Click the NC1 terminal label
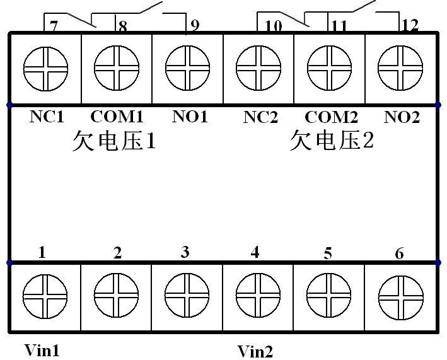47,117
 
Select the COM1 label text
117,117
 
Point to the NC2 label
260,117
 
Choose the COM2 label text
331,117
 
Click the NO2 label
402,117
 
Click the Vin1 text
42,350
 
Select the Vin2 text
255,351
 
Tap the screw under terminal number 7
45,66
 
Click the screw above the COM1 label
117,66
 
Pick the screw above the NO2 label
400,66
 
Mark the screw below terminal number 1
45,296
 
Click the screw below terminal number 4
258,296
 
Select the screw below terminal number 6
400,296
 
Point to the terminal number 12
410,26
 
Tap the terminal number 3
184,252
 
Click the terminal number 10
273,26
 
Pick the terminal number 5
327,253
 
